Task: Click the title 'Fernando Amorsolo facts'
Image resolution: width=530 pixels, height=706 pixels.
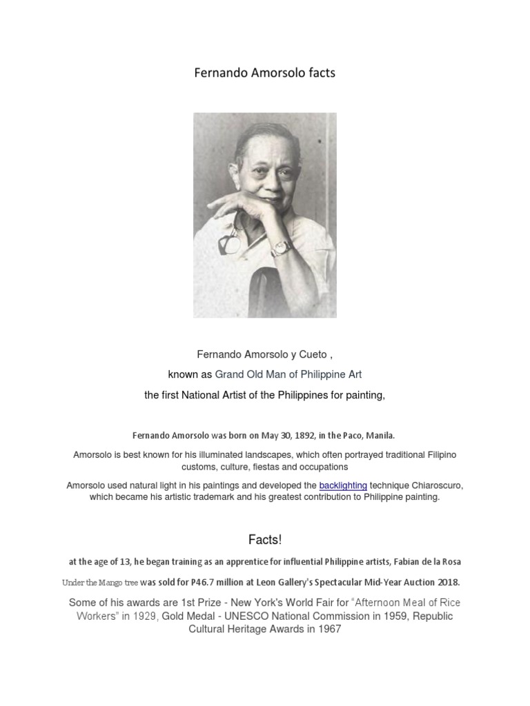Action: tap(265, 72)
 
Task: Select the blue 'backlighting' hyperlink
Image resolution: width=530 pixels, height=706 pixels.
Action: tap(343, 485)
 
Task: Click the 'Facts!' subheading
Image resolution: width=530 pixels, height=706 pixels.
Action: tap(265, 539)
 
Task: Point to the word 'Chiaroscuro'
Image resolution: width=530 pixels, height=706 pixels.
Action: tap(435, 485)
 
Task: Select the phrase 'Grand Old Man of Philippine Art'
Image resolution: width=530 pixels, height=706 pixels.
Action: tap(288, 374)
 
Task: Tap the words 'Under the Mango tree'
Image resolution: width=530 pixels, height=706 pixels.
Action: tap(99, 583)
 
